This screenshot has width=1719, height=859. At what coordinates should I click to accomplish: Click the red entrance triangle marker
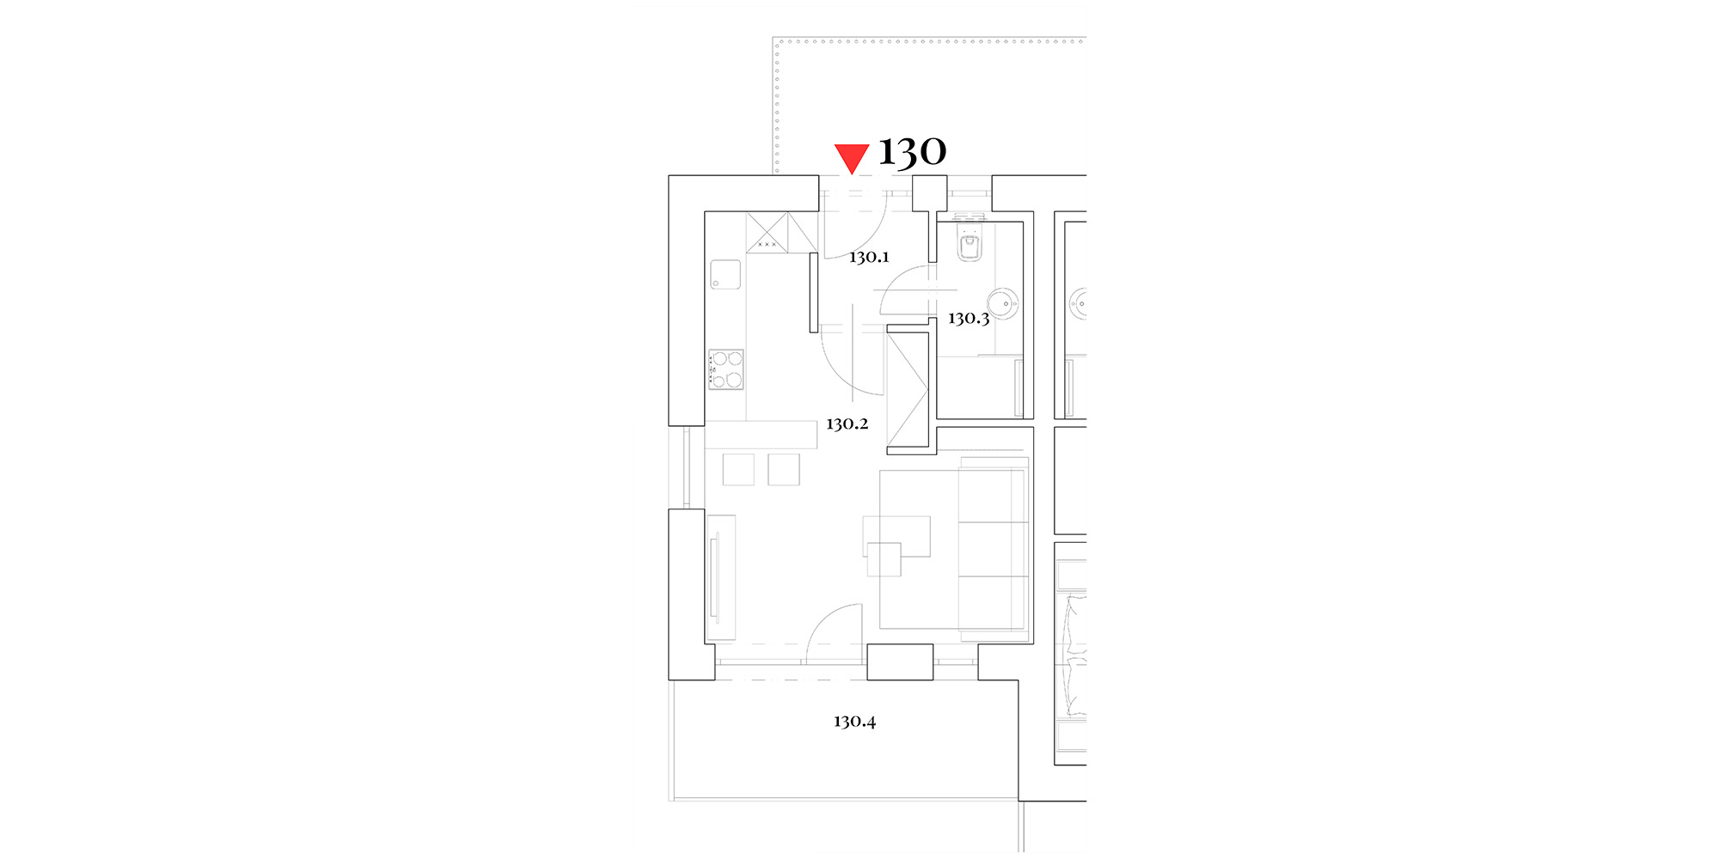pyautogui.click(x=852, y=158)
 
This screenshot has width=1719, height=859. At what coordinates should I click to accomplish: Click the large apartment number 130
pyautogui.click(x=912, y=152)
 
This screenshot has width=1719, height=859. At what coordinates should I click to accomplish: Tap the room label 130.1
pyautogui.click(x=869, y=257)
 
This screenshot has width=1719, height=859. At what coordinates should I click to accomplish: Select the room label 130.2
pyautogui.click(x=847, y=423)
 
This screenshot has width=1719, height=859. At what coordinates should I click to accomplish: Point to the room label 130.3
pyautogui.click(x=969, y=319)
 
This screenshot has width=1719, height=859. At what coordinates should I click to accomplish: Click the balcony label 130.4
pyautogui.click(x=854, y=722)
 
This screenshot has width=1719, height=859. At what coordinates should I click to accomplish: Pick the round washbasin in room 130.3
pyautogui.click(x=1002, y=304)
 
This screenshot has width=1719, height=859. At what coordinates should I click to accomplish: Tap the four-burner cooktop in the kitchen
pyautogui.click(x=726, y=369)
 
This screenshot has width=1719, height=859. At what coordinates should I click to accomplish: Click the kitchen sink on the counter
pyautogui.click(x=725, y=275)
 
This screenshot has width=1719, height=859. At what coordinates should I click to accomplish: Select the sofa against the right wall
pyautogui.click(x=994, y=550)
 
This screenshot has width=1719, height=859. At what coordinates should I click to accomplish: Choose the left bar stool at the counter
pyautogui.click(x=738, y=470)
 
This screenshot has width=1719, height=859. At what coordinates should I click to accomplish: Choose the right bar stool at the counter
pyautogui.click(x=784, y=470)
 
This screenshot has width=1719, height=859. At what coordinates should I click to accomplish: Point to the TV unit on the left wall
pyautogui.click(x=722, y=577)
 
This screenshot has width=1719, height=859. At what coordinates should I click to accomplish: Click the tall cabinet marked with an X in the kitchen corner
pyautogui.click(x=767, y=232)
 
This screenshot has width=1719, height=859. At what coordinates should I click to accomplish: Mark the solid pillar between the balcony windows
pyautogui.click(x=900, y=661)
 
